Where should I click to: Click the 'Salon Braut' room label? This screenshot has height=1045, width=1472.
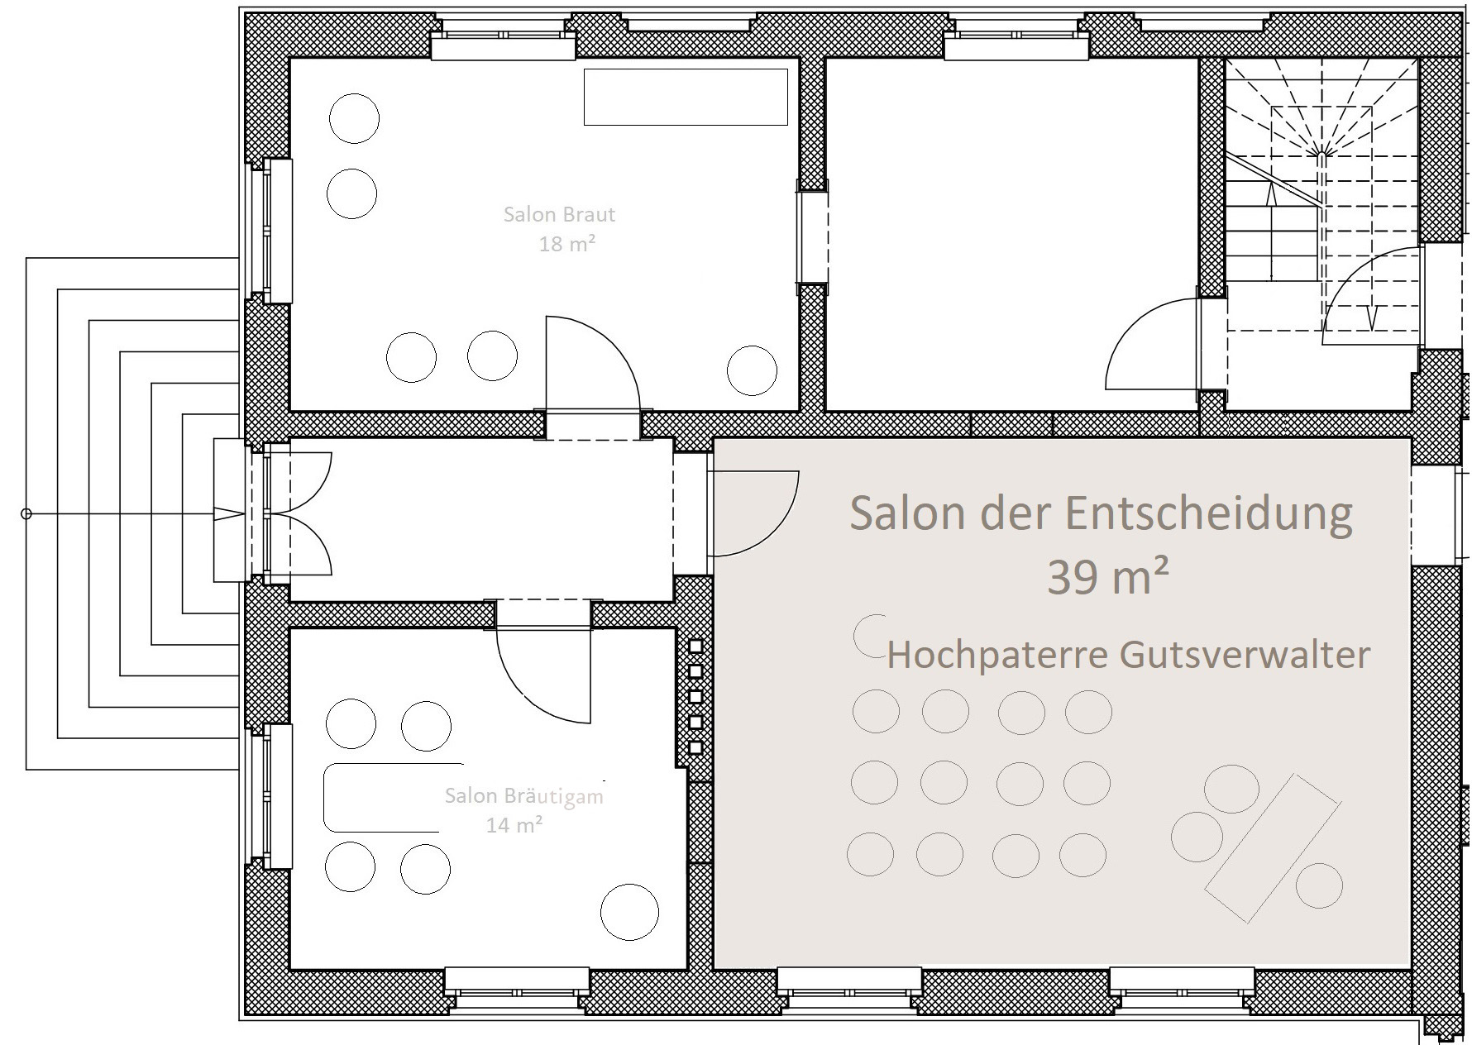point(559,215)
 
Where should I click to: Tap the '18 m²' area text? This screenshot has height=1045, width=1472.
point(567,244)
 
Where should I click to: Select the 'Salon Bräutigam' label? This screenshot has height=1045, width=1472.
point(524,797)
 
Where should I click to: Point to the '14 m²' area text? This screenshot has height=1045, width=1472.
point(514,824)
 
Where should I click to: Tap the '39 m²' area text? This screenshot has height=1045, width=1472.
point(1107,576)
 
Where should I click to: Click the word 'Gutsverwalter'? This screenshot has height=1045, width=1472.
point(1245,656)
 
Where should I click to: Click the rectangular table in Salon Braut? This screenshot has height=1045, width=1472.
point(686,97)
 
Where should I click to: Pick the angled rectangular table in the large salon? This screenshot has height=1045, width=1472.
point(1271,847)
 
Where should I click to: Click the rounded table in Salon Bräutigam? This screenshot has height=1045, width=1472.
point(393,797)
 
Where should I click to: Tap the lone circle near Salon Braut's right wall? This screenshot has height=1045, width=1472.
point(752,370)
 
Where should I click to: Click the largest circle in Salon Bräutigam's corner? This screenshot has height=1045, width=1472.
point(629,913)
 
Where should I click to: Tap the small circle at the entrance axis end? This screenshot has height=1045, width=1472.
point(26,514)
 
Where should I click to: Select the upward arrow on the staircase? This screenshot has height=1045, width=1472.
point(1270,194)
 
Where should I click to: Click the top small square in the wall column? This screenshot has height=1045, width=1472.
point(695,647)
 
